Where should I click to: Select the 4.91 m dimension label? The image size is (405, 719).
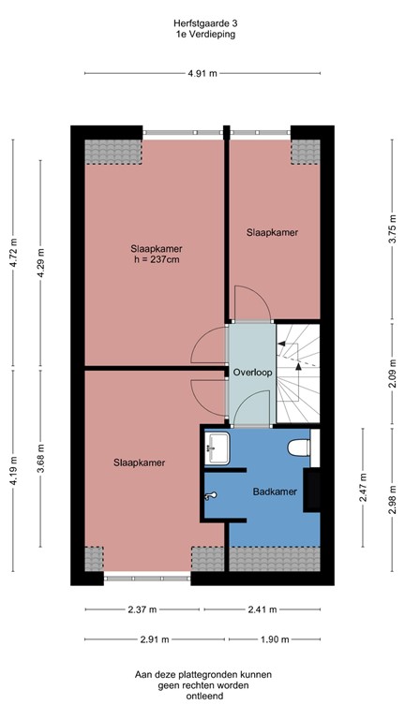(x=202, y=73)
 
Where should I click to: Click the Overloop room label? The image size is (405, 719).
(x=252, y=373)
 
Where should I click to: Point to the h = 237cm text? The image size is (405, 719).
(x=156, y=259)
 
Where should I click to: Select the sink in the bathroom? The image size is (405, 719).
(x=217, y=447)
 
